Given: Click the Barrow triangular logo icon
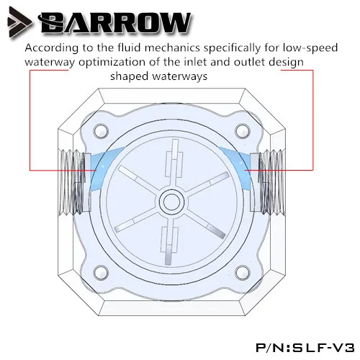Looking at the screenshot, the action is pyautogui.click(x=19, y=22).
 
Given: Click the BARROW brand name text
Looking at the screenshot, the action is pyautogui.click(x=114, y=23).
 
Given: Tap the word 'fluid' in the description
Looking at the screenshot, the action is pyautogui.click(x=130, y=48).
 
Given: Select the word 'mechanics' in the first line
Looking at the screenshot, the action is pyautogui.click(x=172, y=48).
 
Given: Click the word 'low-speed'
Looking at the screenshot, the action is pyautogui.click(x=310, y=48).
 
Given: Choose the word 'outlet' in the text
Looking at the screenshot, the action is pyautogui.click(x=250, y=62).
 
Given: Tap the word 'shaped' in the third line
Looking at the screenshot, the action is pyautogui.click(x=129, y=77).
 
